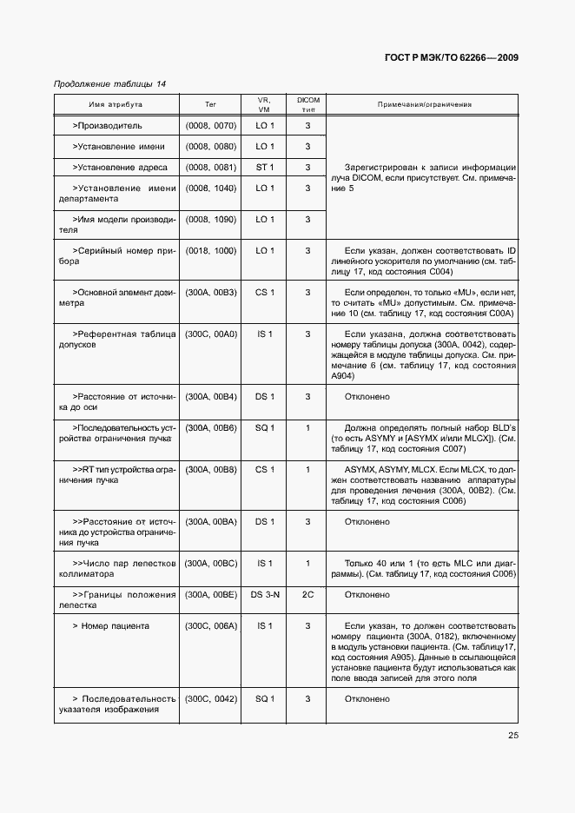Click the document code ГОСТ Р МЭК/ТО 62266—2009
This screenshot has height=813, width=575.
pyautogui.click(x=451, y=57)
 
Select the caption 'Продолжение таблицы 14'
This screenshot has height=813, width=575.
pyautogui.click(x=109, y=84)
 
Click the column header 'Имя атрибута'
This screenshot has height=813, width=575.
pyautogui.click(x=116, y=104)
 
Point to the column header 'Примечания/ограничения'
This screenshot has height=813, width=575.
pyautogui.click(x=424, y=104)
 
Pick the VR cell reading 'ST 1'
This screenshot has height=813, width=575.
pyautogui.click(x=264, y=167)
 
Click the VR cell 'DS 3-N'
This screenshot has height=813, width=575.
pyautogui.click(x=264, y=595)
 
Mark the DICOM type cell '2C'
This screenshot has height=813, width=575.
pyautogui.click(x=307, y=595)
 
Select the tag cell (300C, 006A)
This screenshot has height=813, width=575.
pyautogui.click(x=210, y=625)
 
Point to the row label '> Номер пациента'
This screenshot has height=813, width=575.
pyautogui.click(x=111, y=625)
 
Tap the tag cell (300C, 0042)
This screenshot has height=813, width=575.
pyautogui.click(x=210, y=698)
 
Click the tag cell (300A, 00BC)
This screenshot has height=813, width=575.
pyautogui.click(x=210, y=564)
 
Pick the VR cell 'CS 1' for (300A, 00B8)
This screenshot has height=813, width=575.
pyautogui.click(x=264, y=469)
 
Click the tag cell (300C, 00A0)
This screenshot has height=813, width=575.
pyautogui.click(x=210, y=334)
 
